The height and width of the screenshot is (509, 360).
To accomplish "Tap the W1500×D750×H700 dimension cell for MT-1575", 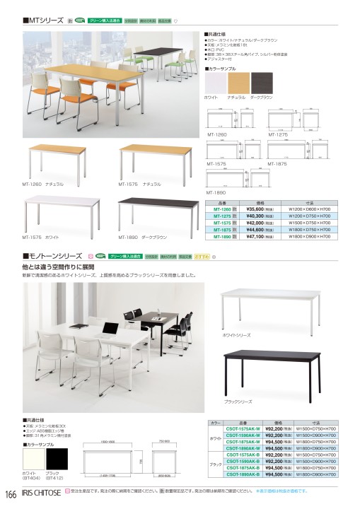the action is coord(309,223).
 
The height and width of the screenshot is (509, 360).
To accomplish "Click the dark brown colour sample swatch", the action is coord(260,83).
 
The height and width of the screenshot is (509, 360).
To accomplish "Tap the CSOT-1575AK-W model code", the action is coord(243,428).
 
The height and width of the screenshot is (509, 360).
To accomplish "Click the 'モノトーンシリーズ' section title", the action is coord(54,255).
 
